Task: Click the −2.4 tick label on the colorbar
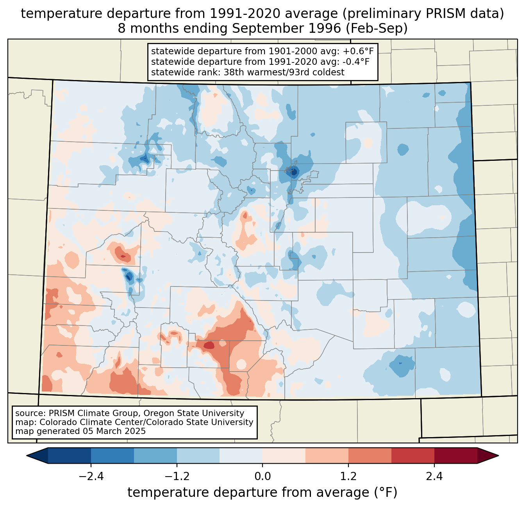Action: coord(91,477)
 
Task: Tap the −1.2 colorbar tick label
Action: coord(177,477)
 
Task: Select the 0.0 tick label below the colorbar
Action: coord(262,477)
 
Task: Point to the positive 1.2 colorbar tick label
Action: coord(348,477)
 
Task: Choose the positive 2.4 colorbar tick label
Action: coord(434,477)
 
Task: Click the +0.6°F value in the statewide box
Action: coord(358,52)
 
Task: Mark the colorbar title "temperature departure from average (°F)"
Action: coord(262,493)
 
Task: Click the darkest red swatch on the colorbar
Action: coord(455,455)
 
